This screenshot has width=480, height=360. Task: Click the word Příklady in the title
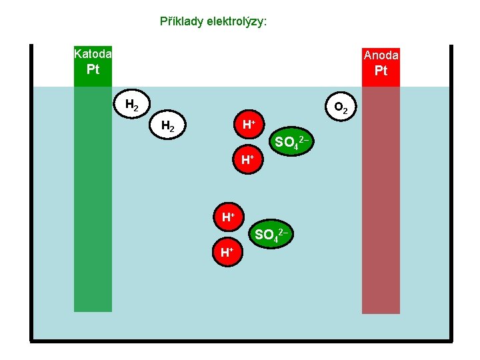point(181,21)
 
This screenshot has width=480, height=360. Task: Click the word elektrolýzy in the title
point(236,21)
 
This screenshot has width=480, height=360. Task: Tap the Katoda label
point(93,53)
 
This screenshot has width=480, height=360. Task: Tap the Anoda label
point(381,55)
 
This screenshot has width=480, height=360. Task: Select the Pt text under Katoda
point(93,70)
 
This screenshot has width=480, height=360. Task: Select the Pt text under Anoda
point(381,71)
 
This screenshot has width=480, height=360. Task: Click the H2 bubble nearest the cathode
point(132,105)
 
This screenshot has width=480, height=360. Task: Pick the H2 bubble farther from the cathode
point(169,125)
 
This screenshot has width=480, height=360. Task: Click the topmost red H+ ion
point(248,125)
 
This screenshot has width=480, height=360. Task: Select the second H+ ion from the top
point(248,160)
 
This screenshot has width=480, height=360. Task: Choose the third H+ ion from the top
point(228,217)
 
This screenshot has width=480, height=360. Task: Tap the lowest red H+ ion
point(228,252)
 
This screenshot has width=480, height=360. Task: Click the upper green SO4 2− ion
point(291,141)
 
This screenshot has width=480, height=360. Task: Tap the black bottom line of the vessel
point(240,341)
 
